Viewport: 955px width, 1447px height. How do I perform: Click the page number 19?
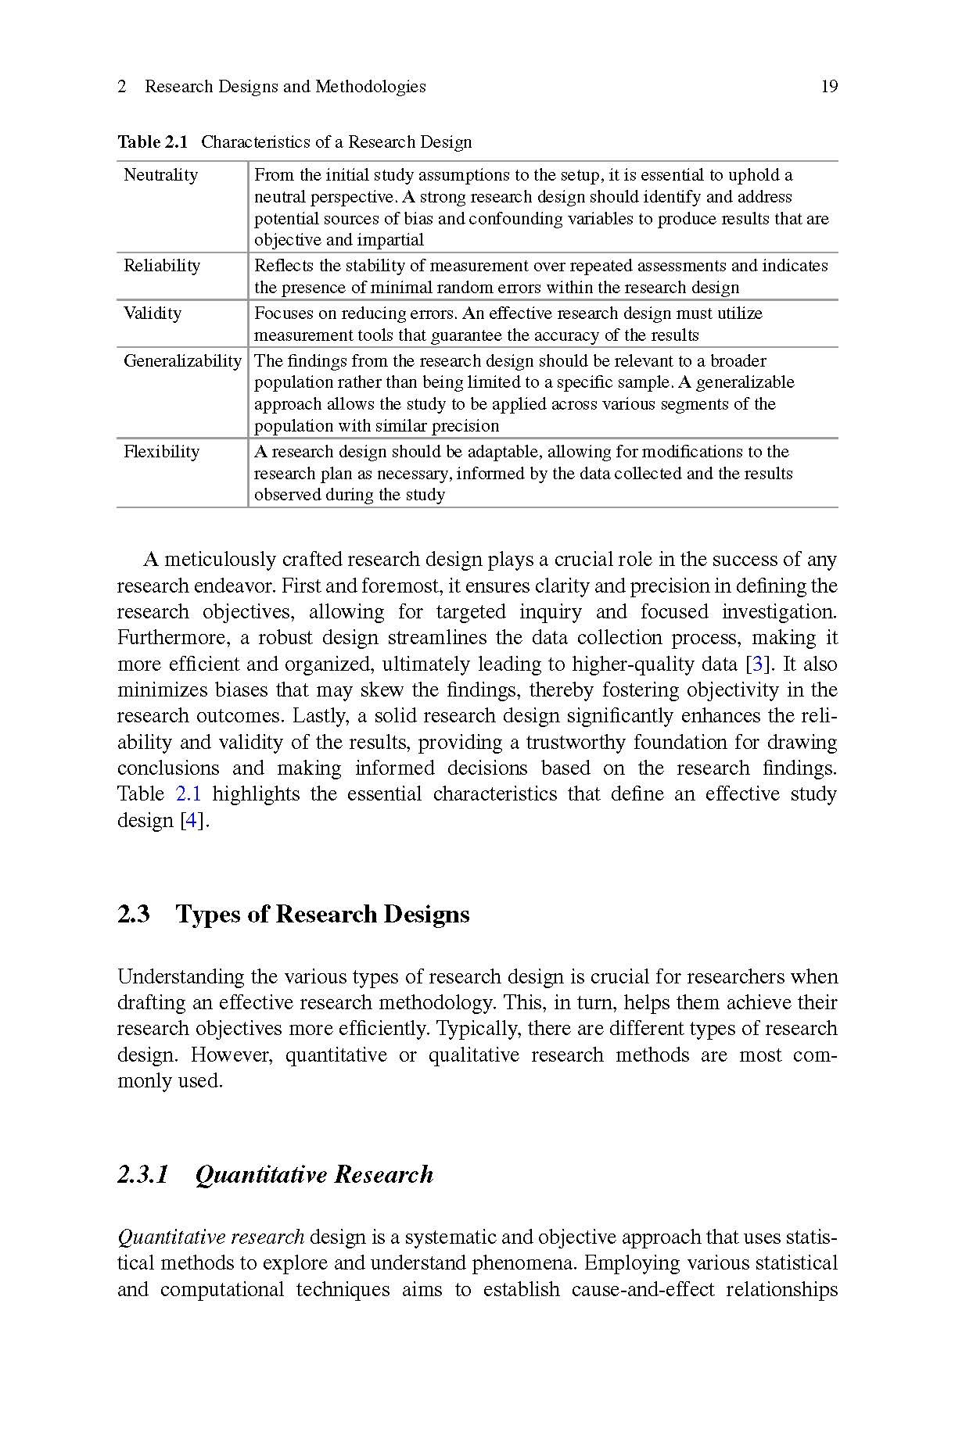coord(829,87)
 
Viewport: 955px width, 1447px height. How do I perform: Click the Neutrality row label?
coord(160,175)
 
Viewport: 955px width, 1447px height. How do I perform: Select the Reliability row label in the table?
coord(162,266)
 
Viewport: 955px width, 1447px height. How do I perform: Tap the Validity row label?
coord(153,313)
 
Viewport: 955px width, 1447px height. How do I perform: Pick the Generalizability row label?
coord(182,361)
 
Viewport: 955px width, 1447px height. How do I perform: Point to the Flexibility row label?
coord(161,452)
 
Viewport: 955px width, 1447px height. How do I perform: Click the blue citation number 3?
coord(756,664)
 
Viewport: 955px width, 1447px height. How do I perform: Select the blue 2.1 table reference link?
coord(188,794)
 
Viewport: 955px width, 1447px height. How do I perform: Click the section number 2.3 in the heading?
coord(134,915)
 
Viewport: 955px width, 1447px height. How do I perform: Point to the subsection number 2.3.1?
coord(143,1175)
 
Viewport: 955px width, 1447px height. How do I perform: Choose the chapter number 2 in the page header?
coord(122,87)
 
